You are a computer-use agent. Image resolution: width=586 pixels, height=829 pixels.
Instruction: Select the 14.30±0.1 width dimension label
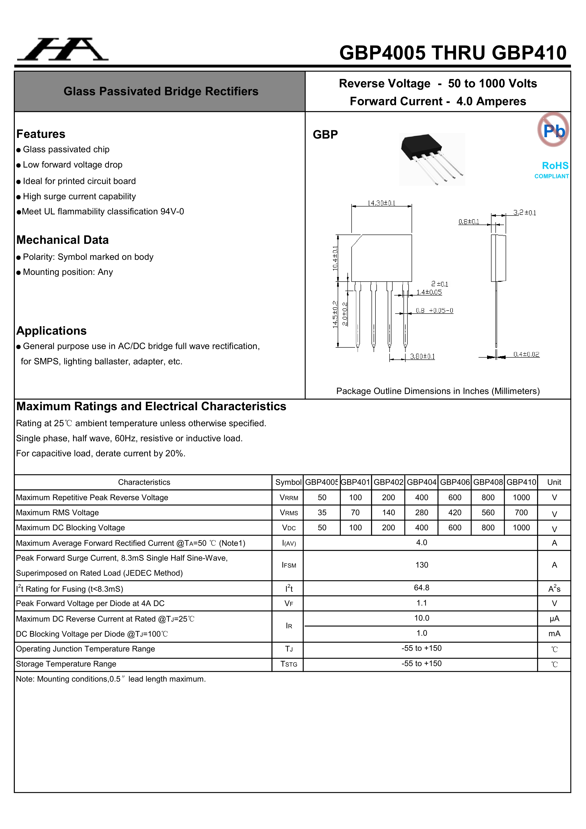pos(381,203)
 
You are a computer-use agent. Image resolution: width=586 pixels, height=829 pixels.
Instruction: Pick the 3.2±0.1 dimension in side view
pos(525,213)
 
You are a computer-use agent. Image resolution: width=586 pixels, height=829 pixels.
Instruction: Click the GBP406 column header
pos(455,482)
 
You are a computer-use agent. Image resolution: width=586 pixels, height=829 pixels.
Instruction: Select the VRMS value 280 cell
pos(422,512)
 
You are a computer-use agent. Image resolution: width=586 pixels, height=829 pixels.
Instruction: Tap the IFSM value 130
pos(422,565)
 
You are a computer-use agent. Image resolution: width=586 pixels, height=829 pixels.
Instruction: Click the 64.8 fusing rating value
pos(422,588)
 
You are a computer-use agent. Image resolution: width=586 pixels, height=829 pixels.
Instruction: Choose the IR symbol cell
pos(289,626)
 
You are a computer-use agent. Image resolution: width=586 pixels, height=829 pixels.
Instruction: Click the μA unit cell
pos(554,619)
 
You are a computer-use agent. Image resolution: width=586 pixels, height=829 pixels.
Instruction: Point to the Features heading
pos(41,134)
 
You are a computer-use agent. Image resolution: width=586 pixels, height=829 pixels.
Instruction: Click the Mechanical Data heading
pos(63,240)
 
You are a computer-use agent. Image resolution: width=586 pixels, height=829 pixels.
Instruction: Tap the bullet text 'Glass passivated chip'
pos(66,149)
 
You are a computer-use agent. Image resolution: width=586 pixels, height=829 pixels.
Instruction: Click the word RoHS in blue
pos(555,166)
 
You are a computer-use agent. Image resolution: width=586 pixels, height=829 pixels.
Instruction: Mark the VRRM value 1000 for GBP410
pos(521,498)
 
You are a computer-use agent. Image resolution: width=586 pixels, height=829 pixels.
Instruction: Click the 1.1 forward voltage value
pos(422,603)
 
